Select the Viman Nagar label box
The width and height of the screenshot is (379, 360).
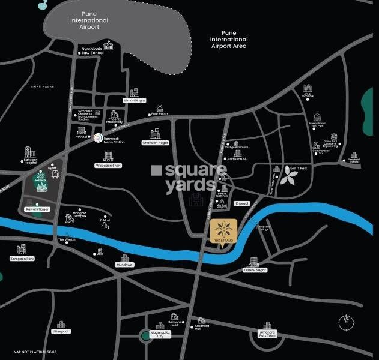pos(135,100)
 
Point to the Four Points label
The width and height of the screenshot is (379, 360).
pos(160,113)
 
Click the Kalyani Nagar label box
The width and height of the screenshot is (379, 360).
pos(37,209)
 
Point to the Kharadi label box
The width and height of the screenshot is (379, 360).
pos(241,203)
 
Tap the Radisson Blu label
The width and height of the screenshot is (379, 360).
pos(238,159)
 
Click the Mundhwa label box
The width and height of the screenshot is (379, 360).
pos(124,264)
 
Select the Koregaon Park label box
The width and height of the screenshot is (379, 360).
pos(21,259)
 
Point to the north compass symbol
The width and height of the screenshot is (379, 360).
pos(346,322)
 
